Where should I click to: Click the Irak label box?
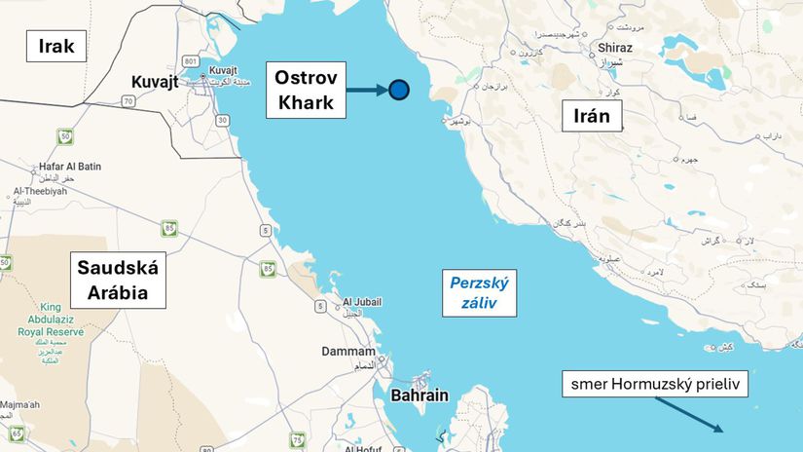[55, 45]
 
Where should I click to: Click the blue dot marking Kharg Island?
[399, 91]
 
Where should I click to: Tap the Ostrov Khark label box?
[306, 90]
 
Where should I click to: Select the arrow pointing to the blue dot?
[368, 91]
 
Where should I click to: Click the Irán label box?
[592, 117]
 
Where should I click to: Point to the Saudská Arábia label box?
[116, 279]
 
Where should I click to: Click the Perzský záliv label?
[480, 293]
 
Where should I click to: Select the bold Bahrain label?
[420, 395]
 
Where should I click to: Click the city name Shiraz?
[616, 48]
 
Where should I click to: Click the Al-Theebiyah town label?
[38, 191]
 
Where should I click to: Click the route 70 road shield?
[128, 100]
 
